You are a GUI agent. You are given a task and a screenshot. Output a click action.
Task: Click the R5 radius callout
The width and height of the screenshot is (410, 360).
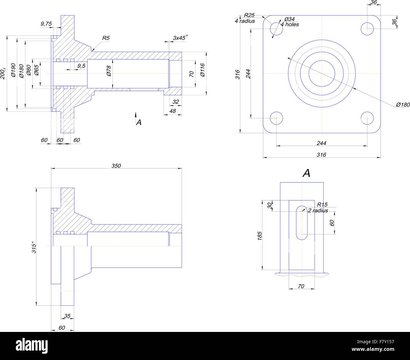tap(106, 38)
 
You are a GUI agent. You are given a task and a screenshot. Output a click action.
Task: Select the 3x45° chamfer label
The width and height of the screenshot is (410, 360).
tap(180, 38)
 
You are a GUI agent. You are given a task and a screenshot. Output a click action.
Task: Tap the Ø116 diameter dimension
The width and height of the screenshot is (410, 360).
tap(202, 70)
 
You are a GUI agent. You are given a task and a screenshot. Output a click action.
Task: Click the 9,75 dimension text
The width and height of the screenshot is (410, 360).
tap(46, 23)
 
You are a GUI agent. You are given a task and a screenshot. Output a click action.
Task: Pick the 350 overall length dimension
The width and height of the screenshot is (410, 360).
tap(116, 166)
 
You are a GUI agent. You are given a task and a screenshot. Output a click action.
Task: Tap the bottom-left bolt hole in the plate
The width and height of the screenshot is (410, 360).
tap(277, 118)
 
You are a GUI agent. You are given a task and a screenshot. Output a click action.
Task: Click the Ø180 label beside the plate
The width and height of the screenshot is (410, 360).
tap(402, 104)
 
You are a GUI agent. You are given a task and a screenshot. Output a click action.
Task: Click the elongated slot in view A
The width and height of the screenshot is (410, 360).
tap(302, 223)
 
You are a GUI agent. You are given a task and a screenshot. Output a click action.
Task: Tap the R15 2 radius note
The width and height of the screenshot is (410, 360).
tap(319, 208)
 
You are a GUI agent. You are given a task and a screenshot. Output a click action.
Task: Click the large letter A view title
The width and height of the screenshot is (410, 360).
tap(306, 173)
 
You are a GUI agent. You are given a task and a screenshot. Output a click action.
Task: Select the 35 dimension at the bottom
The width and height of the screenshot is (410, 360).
tap(67, 316)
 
